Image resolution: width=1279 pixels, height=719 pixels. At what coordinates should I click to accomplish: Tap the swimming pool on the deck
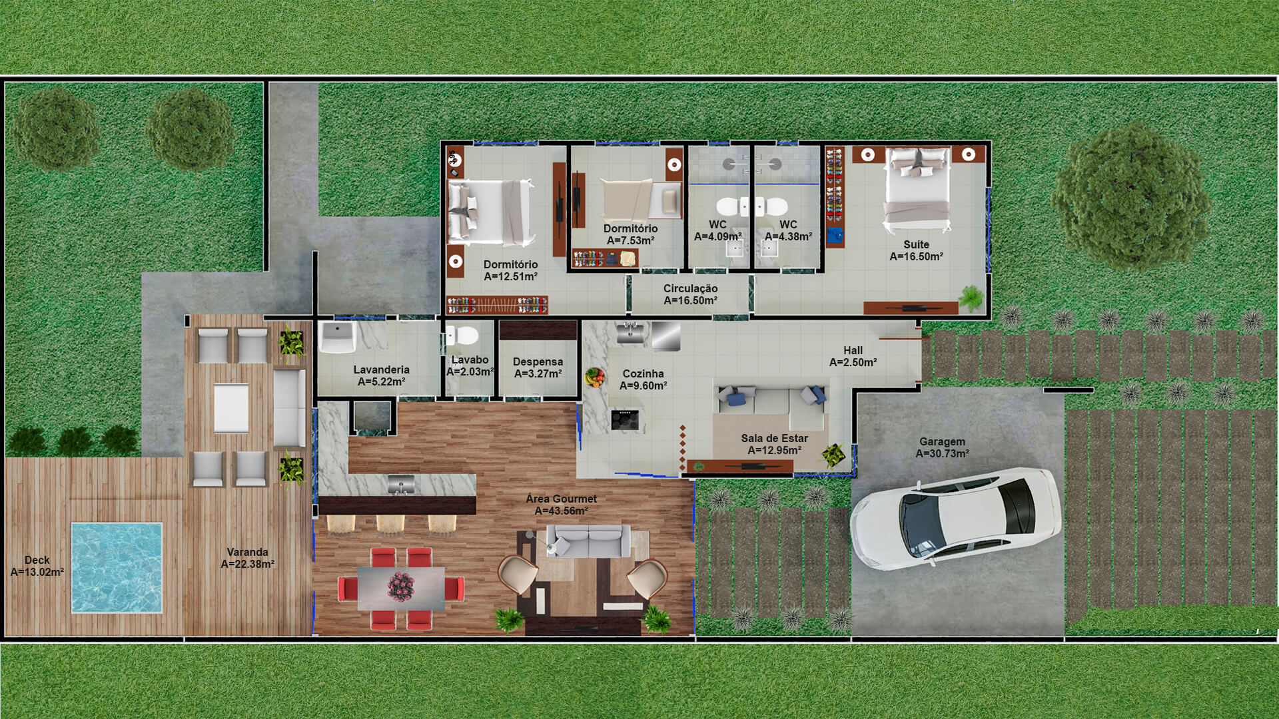click(117, 567)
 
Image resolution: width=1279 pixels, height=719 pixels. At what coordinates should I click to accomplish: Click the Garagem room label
click(942, 447)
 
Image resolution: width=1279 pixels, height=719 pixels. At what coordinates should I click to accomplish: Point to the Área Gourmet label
click(561, 505)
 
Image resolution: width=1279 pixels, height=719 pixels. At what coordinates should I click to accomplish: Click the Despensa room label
click(538, 367)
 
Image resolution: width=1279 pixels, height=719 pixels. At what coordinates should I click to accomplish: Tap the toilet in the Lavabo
click(462, 335)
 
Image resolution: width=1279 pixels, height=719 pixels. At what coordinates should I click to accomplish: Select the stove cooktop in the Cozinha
click(626, 419)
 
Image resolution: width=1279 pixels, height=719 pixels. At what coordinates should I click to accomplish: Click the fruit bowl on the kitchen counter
click(594, 377)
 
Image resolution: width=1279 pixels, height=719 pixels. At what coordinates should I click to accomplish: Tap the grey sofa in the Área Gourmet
click(588, 541)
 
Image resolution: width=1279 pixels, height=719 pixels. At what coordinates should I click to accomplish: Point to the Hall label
click(853, 356)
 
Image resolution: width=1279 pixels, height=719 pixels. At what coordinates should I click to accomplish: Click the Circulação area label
click(690, 294)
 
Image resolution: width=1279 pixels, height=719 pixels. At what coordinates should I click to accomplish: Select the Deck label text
click(37, 566)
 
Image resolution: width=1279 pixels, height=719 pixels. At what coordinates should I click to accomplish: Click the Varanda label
click(247, 558)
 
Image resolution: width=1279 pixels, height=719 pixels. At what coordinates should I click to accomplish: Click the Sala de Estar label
click(774, 444)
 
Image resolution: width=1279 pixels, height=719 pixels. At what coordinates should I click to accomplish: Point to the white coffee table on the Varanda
click(231, 408)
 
